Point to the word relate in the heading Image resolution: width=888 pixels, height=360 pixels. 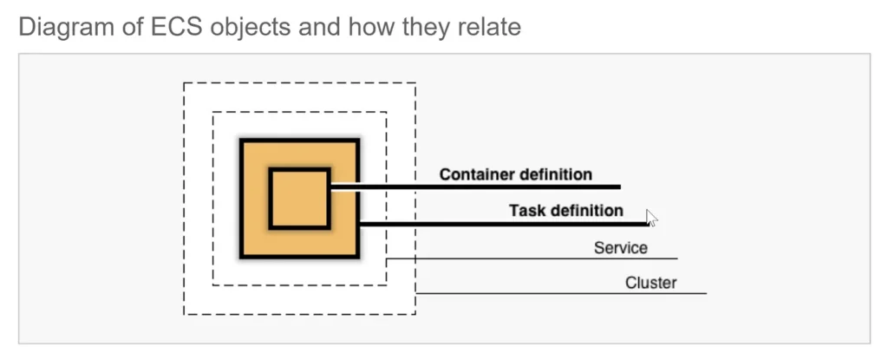(488, 27)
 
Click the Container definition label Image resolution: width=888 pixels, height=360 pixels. (516, 174)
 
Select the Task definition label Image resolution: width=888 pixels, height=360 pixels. (565, 210)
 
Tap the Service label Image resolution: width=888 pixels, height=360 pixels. (621, 248)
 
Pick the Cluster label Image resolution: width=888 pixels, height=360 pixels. (650, 282)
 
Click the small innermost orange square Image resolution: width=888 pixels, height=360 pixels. (299, 199)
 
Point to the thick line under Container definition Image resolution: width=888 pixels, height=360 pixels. (476, 187)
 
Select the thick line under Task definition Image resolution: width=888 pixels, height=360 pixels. (504, 224)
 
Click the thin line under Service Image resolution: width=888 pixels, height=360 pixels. (532, 259)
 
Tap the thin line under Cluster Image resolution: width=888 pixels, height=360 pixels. (561, 293)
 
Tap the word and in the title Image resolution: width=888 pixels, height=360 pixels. (320, 27)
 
